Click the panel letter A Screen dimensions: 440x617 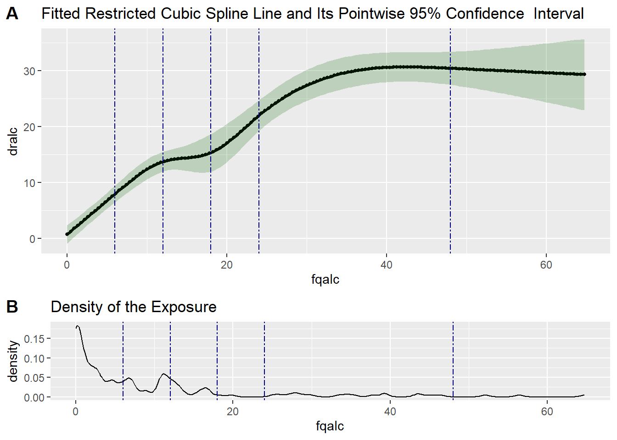(x=12, y=14)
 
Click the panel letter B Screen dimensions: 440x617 (x=12, y=307)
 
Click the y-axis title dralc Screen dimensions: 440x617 (x=13, y=141)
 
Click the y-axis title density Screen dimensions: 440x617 (x=13, y=361)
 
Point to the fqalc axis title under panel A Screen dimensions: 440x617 (x=325, y=279)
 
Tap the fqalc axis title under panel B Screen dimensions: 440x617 (x=330, y=426)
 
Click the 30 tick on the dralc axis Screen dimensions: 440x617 (x=29, y=71)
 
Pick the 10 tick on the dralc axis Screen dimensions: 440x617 (x=29, y=183)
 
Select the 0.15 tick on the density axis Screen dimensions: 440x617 (x=34, y=339)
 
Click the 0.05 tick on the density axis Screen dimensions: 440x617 (x=34, y=378)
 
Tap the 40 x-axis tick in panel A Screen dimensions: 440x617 (x=387, y=264)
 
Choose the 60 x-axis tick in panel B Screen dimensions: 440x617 (x=547, y=411)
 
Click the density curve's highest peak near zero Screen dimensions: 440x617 (x=78, y=326)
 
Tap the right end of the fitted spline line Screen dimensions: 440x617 (x=584, y=74)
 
